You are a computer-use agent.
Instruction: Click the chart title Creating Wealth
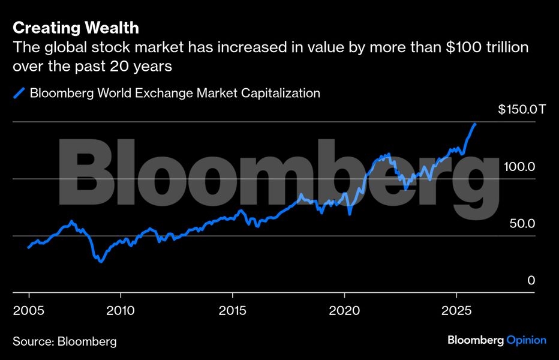[x=76, y=28]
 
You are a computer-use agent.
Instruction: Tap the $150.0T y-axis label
[x=522, y=110]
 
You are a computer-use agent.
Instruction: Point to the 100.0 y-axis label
[x=518, y=167]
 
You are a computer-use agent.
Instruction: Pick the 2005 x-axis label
[x=28, y=311]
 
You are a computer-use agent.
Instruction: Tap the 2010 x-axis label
[x=120, y=311]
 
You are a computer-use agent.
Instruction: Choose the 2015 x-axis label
[x=232, y=311]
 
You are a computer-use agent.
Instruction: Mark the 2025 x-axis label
[x=456, y=311]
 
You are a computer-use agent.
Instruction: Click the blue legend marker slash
[x=19, y=93]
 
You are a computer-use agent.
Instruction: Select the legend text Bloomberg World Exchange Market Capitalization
[x=175, y=93]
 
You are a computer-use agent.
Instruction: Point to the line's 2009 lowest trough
[x=100, y=262]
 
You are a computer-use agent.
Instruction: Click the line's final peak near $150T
[x=476, y=124]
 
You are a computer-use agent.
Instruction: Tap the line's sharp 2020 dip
[x=350, y=214]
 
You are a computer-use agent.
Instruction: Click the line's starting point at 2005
[x=28, y=247]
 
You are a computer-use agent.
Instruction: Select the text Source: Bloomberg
[x=65, y=341]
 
